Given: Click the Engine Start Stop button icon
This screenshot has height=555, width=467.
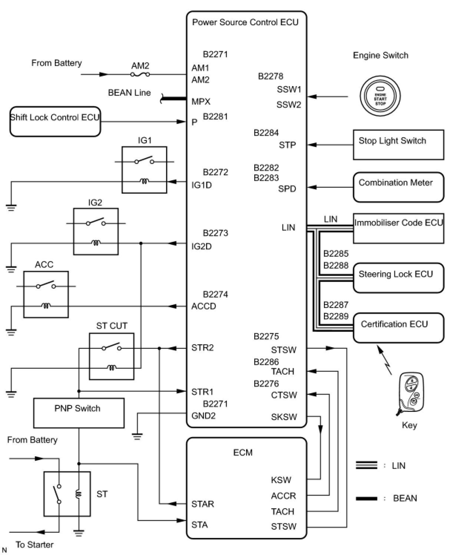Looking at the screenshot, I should [380, 96].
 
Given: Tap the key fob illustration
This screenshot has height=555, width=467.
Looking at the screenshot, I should [411, 394].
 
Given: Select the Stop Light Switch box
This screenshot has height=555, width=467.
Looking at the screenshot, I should [398, 145].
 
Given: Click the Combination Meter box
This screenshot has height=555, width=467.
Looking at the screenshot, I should [398, 187].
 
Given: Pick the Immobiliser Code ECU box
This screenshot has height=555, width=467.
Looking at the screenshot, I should [398, 228].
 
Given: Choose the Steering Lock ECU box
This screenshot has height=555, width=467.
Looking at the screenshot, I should [398, 278].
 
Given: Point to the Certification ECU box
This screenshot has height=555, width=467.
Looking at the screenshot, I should [398, 328].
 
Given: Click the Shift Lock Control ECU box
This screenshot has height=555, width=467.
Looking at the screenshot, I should [55, 122].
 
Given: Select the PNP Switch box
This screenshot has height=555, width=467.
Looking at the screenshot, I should [79, 413].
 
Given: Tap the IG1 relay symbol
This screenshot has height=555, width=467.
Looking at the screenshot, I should [144, 170].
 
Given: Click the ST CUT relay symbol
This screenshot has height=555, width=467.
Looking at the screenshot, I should [112, 356].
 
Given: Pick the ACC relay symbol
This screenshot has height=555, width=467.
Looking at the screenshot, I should [46, 294].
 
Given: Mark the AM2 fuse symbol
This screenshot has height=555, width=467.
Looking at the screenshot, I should [140, 74].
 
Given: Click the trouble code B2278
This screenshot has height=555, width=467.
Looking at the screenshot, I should [271, 76].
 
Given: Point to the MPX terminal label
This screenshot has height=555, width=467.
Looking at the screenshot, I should [201, 101].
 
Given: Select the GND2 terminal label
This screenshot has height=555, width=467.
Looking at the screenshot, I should [203, 416].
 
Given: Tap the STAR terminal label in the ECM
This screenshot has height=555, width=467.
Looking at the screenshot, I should [203, 504].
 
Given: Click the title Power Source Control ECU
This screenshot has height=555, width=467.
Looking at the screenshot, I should [245, 22].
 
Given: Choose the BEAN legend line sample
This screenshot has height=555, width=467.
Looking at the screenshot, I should [366, 498].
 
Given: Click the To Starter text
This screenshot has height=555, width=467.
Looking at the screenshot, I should [34, 545].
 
